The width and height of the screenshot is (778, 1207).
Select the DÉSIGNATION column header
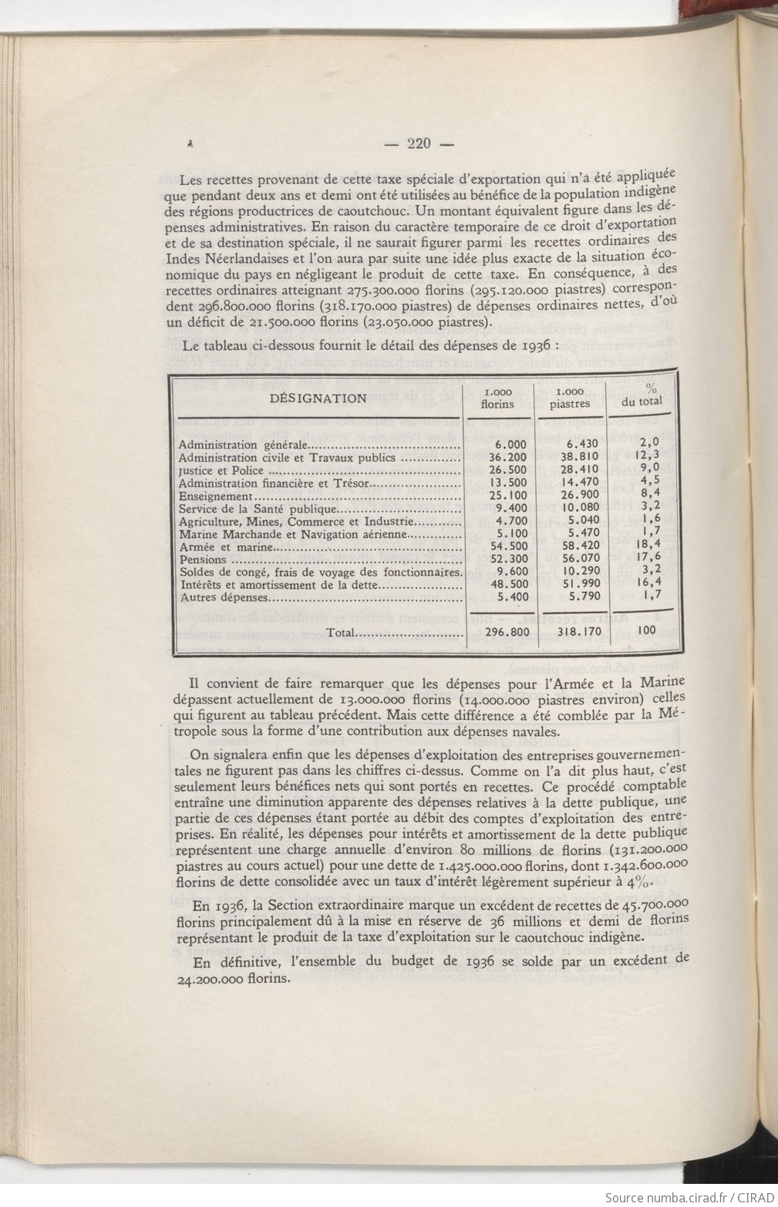[318, 398]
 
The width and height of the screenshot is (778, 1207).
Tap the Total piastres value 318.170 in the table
[569, 632]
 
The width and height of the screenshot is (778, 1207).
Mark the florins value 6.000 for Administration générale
[510, 444]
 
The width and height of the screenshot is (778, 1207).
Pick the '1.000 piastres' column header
[570, 397]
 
